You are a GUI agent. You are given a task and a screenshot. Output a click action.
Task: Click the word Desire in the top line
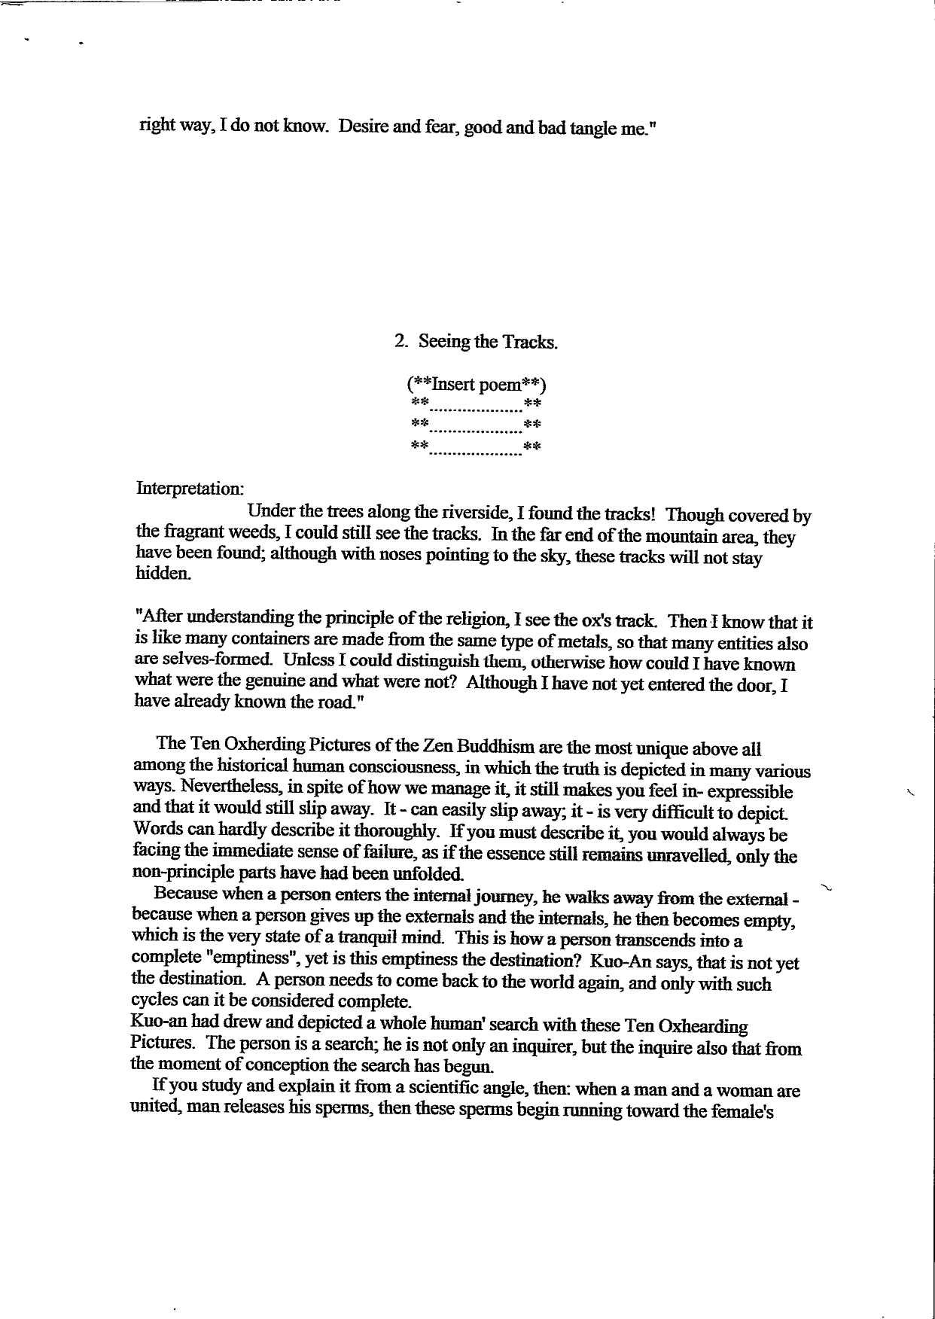click(x=363, y=127)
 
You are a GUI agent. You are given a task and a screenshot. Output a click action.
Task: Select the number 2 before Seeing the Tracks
click(x=400, y=341)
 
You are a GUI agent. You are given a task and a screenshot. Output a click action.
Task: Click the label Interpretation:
click(x=189, y=488)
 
